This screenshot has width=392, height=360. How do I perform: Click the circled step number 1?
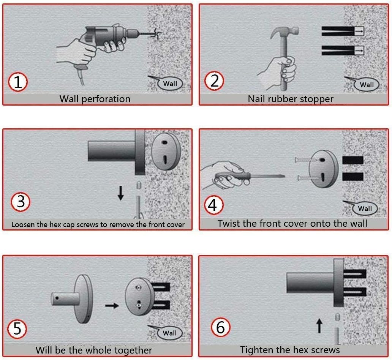(17, 82)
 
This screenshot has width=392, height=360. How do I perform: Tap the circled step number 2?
(214, 81)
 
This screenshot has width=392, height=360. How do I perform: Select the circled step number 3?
(21, 202)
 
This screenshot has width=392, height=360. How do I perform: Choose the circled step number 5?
(17, 328)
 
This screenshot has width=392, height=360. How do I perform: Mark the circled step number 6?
(220, 327)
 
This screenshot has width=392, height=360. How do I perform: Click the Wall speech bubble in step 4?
(362, 208)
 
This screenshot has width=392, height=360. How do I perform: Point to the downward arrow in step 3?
(121, 193)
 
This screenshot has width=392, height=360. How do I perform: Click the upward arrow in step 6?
(319, 326)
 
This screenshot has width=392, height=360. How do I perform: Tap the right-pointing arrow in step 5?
(112, 305)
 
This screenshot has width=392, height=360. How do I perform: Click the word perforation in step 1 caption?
(106, 99)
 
